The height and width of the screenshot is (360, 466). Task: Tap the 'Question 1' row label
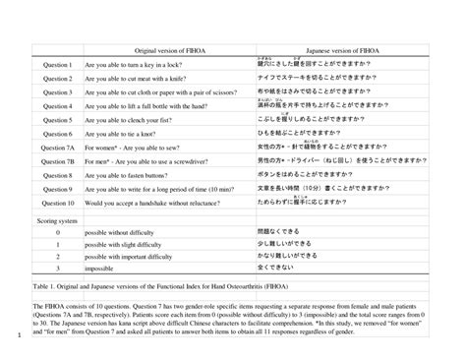57,65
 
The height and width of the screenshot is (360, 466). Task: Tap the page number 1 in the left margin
6,342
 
